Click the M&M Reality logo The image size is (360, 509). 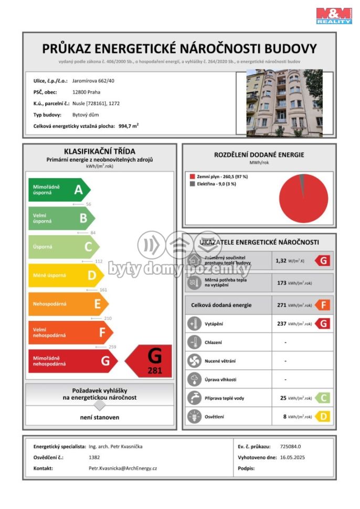click(334, 15)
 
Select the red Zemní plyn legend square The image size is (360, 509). click(192, 176)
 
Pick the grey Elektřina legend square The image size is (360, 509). click(192, 184)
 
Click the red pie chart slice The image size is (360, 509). click(303, 200)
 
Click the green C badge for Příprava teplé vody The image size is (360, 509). click(322, 398)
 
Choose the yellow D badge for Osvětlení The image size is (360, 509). click(322, 417)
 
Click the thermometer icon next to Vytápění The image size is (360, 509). click(194, 324)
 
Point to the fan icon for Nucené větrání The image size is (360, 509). click(194, 361)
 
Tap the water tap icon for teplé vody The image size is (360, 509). click(194, 398)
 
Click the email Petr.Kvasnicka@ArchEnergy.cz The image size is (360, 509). click(123, 468)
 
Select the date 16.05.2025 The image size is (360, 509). click(292, 457)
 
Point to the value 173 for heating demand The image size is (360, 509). click(281, 283)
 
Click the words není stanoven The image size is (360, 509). click(99, 418)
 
